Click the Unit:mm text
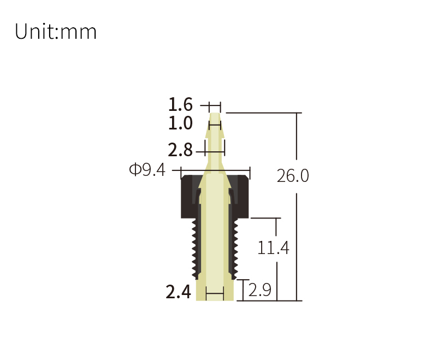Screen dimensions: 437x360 56,31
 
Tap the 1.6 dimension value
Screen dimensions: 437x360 180,104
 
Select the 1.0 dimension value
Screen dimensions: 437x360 180,123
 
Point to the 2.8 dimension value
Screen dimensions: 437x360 180,150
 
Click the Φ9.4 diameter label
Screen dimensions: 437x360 147,169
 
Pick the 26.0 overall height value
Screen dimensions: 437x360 293,176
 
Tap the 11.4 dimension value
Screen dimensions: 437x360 273,248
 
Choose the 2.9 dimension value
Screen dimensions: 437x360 259,290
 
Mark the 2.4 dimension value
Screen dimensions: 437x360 179,292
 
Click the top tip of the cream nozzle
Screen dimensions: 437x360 215,113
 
